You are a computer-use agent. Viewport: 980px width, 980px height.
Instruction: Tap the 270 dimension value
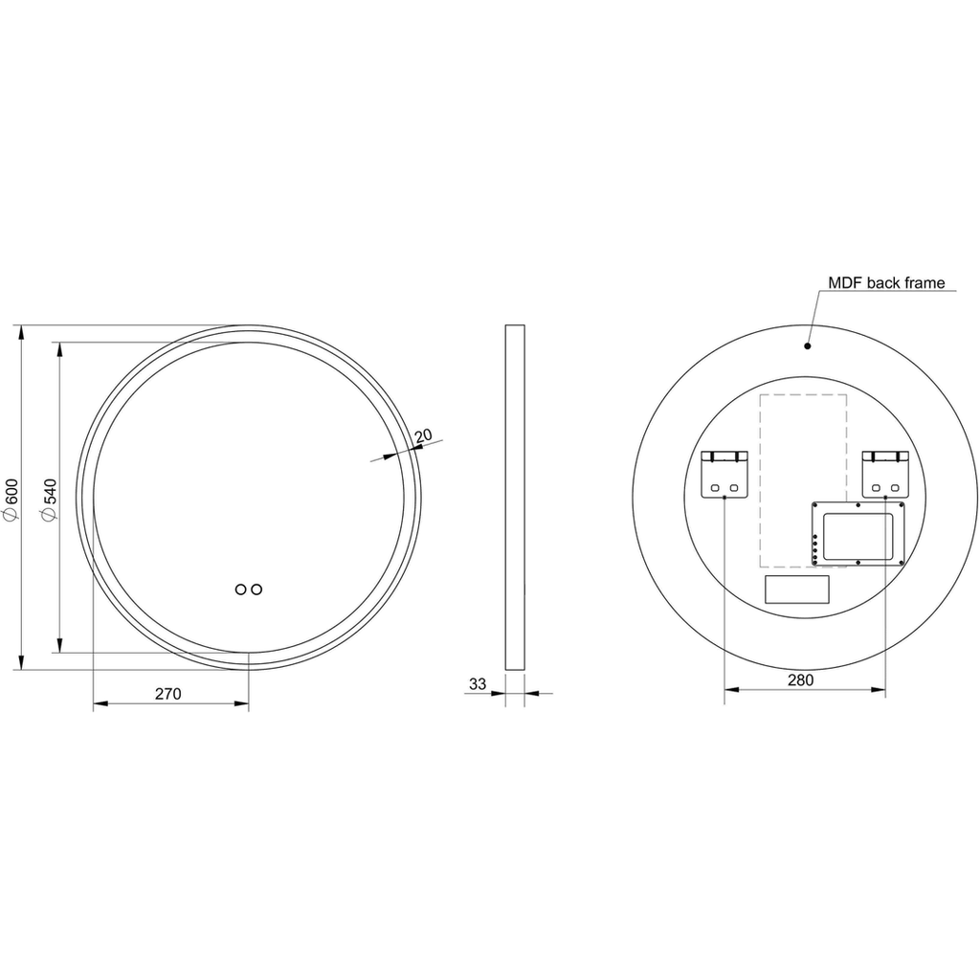168,694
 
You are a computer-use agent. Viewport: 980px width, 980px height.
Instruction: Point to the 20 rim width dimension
423,435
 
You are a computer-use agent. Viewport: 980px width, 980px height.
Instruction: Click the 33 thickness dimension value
478,684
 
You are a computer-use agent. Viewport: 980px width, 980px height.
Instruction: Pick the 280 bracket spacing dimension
801,680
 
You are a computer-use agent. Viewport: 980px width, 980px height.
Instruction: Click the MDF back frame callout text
886,283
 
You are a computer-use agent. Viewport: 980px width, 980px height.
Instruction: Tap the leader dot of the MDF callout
808,345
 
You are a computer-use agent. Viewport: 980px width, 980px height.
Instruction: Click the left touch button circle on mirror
240,590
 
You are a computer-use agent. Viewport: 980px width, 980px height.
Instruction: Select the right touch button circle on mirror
256,590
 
